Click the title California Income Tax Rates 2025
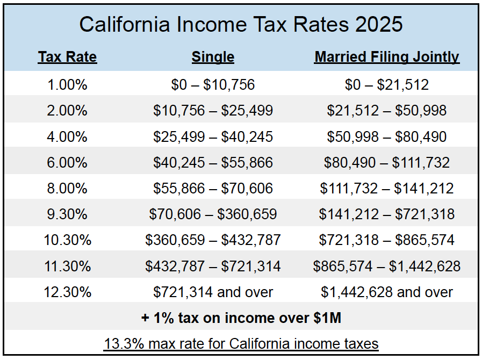click(x=241, y=25)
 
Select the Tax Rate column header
click(x=67, y=57)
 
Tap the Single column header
click(x=213, y=57)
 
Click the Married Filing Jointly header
click(x=386, y=57)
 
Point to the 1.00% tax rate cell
click(x=67, y=85)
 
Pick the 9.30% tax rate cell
click(x=67, y=214)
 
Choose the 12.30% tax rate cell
click(x=67, y=292)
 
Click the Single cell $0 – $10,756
click(x=213, y=85)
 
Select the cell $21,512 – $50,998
click(x=386, y=111)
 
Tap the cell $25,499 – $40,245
click(x=213, y=137)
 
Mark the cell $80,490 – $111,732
click(x=386, y=163)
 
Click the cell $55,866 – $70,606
click(x=213, y=189)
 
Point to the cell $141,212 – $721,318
click(x=386, y=214)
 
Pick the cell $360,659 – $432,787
click(x=213, y=240)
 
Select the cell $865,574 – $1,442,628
click(x=386, y=266)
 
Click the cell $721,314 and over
click(x=213, y=292)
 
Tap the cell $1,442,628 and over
click(x=386, y=292)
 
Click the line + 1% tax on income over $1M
click(x=241, y=318)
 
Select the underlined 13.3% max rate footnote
click(x=241, y=343)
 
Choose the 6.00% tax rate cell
click(x=67, y=163)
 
